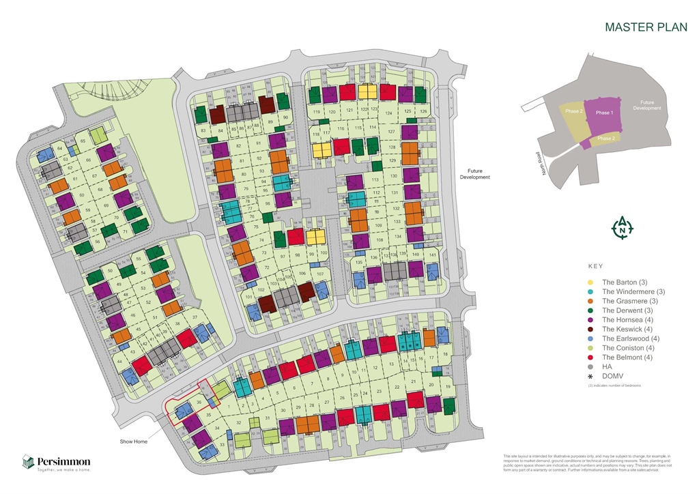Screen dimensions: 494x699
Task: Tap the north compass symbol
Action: click(622, 229)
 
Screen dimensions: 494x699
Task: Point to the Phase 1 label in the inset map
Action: click(604, 113)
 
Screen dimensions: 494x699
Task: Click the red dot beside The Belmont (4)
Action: click(590, 357)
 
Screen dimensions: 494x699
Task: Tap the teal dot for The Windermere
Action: click(590, 291)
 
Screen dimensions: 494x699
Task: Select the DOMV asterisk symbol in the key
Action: click(590, 376)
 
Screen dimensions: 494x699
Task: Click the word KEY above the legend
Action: click(595, 267)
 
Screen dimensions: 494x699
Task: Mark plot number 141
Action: click(432, 255)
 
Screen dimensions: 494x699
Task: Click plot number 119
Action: click(316, 112)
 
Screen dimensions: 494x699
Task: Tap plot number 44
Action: click(120, 361)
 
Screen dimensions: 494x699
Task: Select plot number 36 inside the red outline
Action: click(199, 403)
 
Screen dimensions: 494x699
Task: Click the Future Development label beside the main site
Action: click(479, 174)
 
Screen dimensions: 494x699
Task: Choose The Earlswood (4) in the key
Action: click(630, 338)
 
